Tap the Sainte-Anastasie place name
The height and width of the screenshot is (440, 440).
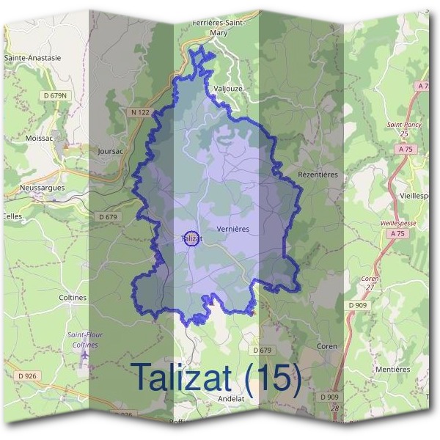coord(32,57)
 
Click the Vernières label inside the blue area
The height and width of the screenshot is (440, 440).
coord(233,229)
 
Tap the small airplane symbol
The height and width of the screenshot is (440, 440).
coord(85,355)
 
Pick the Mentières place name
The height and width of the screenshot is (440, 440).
coord(392,369)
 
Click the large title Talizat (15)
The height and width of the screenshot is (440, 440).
coord(216,377)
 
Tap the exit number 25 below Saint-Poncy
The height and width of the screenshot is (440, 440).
coord(405,134)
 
